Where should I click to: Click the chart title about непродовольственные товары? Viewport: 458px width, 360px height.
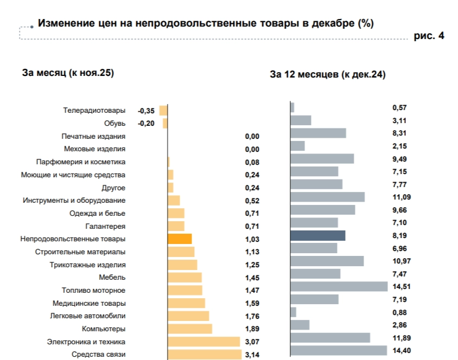[206, 24]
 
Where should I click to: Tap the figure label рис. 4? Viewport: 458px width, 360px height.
[429, 36]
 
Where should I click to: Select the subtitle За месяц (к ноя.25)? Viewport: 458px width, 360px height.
[68, 73]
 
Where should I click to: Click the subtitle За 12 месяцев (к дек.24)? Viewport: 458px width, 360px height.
[327, 75]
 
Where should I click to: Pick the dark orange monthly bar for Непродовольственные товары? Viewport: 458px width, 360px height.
[180, 239]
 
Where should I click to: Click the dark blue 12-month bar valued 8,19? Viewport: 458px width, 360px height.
[318, 235]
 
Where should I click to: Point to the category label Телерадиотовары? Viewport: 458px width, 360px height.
[94, 111]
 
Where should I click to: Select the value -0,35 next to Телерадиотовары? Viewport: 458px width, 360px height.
[146, 111]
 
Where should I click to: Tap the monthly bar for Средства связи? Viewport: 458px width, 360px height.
[205, 355]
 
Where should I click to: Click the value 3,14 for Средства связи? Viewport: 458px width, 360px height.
[252, 355]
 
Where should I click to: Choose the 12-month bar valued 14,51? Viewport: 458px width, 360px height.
[339, 286]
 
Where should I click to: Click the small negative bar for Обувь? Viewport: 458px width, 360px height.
[165, 124]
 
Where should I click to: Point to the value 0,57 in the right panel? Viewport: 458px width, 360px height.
[399, 108]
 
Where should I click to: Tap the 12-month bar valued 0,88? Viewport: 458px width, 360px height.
[294, 312]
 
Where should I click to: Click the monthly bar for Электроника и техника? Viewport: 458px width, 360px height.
[204, 342]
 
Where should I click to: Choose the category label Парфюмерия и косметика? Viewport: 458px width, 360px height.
[81, 162]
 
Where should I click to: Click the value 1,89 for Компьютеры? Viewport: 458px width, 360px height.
[252, 329]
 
